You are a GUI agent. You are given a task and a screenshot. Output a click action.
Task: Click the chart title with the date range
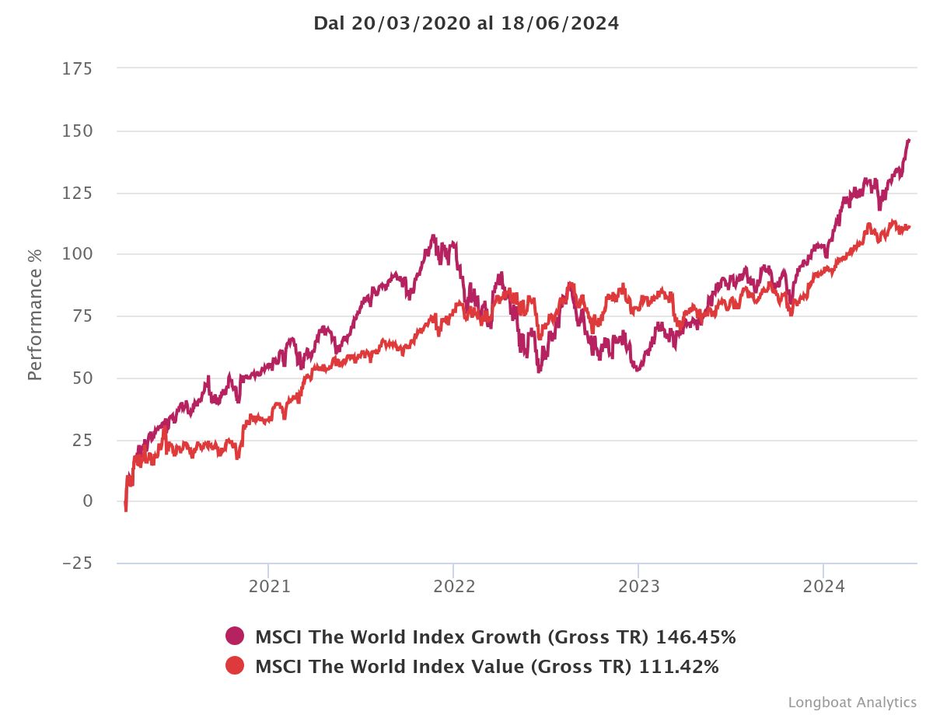[466, 23]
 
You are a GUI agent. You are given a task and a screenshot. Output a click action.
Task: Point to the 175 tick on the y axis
[77, 69]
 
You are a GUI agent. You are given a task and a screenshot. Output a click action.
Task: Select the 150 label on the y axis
[77, 131]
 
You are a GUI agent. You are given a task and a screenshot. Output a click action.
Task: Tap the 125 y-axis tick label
[77, 193]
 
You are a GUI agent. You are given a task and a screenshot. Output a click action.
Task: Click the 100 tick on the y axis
[77, 254]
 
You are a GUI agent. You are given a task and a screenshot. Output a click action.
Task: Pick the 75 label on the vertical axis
[82, 316]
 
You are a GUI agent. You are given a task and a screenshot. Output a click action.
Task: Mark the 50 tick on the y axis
[82, 378]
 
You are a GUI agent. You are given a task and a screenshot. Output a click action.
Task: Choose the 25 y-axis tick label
[82, 440]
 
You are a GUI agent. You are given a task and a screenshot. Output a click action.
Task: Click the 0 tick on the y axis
[87, 501]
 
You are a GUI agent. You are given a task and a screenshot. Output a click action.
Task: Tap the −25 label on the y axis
[77, 563]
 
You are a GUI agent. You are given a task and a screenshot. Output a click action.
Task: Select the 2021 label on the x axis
[269, 586]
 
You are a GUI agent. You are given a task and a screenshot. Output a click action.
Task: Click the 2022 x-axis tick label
[454, 586]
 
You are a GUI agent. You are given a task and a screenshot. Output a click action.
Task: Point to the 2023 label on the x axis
[638, 586]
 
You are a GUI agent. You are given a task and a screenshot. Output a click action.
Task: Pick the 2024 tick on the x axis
[823, 586]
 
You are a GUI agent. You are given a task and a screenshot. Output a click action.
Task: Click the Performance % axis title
[35, 316]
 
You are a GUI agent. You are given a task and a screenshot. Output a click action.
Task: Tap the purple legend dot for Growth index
[235, 637]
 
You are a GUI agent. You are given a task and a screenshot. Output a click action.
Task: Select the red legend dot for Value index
[235, 666]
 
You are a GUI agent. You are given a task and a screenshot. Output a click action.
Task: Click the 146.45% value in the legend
[696, 637]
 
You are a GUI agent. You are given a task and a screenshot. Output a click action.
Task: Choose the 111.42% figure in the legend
[679, 666]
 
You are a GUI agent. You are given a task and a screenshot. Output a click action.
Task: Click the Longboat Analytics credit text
[852, 703]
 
